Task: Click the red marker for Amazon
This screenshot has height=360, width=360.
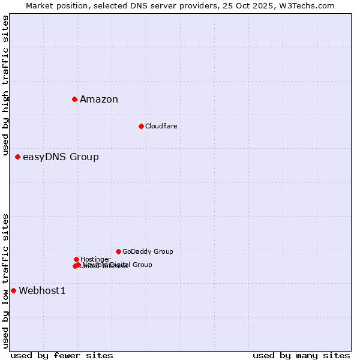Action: click(74, 99)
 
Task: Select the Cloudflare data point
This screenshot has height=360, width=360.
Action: click(141, 126)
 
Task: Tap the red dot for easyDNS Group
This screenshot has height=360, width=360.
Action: click(17, 157)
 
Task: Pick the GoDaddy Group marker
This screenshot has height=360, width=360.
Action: click(118, 251)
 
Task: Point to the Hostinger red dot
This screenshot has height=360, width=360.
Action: click(76, 259)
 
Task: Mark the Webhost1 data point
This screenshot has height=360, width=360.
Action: click(13, 290)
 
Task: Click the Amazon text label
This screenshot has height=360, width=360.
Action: click(99, 100)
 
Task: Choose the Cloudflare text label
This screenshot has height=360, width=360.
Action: click(161, 126)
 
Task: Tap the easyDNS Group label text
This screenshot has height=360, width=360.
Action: click(61, 157)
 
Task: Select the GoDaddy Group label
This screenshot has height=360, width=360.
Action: click(148, 251)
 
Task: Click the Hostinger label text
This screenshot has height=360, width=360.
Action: click(95, 259)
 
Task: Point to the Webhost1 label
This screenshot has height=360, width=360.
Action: click(42, 291)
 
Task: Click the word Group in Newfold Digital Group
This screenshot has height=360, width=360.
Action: click(142, 265)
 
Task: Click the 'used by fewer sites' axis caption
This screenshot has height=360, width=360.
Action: click(62, 355)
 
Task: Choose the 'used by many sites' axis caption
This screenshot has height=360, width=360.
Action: click(301, 355)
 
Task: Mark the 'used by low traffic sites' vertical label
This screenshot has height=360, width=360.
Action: click(6, 281)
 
